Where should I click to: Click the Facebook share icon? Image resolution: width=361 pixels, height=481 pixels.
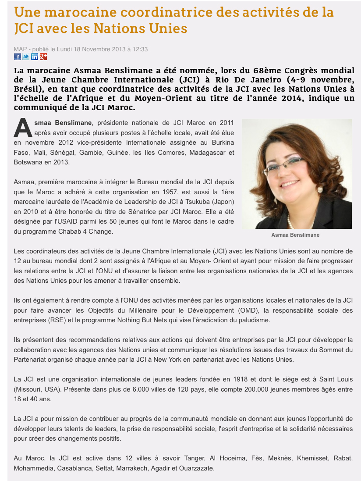coord(18,57)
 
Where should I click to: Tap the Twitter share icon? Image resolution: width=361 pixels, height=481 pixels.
coord(26,57)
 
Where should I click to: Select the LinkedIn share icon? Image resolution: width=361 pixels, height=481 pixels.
coord(35,57)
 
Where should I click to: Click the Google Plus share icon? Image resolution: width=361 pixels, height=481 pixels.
coord(43,57)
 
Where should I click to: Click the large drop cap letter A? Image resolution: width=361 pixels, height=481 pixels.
coord(23,127)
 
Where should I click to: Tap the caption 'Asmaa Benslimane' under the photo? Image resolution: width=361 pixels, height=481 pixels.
coord(295,235)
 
